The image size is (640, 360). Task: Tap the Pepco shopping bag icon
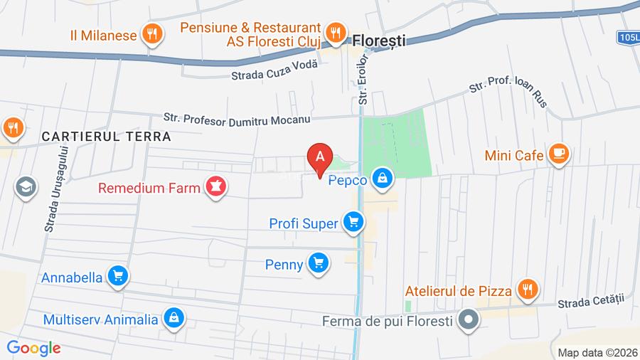pyautogui.click(x=383, y=179)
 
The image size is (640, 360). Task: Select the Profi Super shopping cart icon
pyautogui.click(x=352, y=223)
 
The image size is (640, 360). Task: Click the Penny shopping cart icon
pyautogui.click(x=318, y=264)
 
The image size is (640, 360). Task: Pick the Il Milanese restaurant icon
pyautogui.click(x=151, y=33)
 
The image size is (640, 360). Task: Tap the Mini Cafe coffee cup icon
pyautogui.click(x=560, y=154)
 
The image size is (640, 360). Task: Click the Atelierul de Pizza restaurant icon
pyautogui.click(x=527, y=290)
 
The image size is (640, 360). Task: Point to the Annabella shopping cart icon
pyautogui.click(x=118, y=277)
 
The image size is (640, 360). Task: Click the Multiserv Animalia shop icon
pyautogui.click(x=174, y=319)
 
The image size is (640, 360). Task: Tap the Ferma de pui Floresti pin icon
pyautogui.click(x=468, y=320)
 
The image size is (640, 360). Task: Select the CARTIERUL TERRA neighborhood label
pyautogui.click(x=107, y=136)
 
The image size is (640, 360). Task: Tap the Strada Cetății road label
pyautogui.click(x=590, y=302)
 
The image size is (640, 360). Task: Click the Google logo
pyautogui.click(x=33, y=348)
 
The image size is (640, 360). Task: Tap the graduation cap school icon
pyautogui.click(x=26, y=188)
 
